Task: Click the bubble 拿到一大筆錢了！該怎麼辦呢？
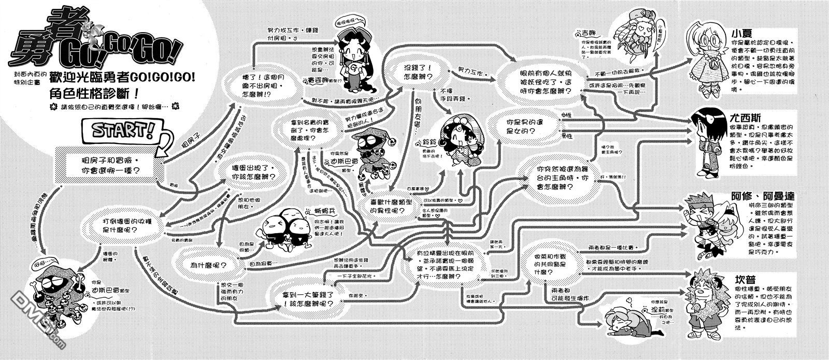pyautogui.click(x=307, y=300)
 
